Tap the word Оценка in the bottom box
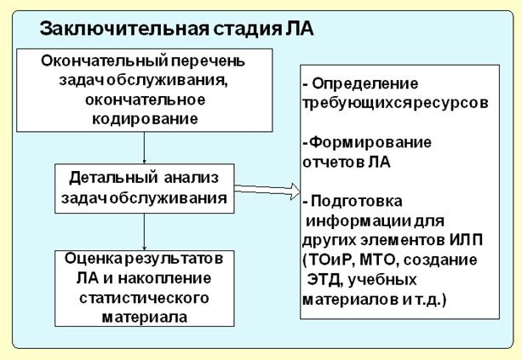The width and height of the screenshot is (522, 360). tap(90, 258)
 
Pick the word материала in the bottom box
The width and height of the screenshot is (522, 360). tap(144, 317)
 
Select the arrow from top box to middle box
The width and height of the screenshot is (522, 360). tap(144, 146)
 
